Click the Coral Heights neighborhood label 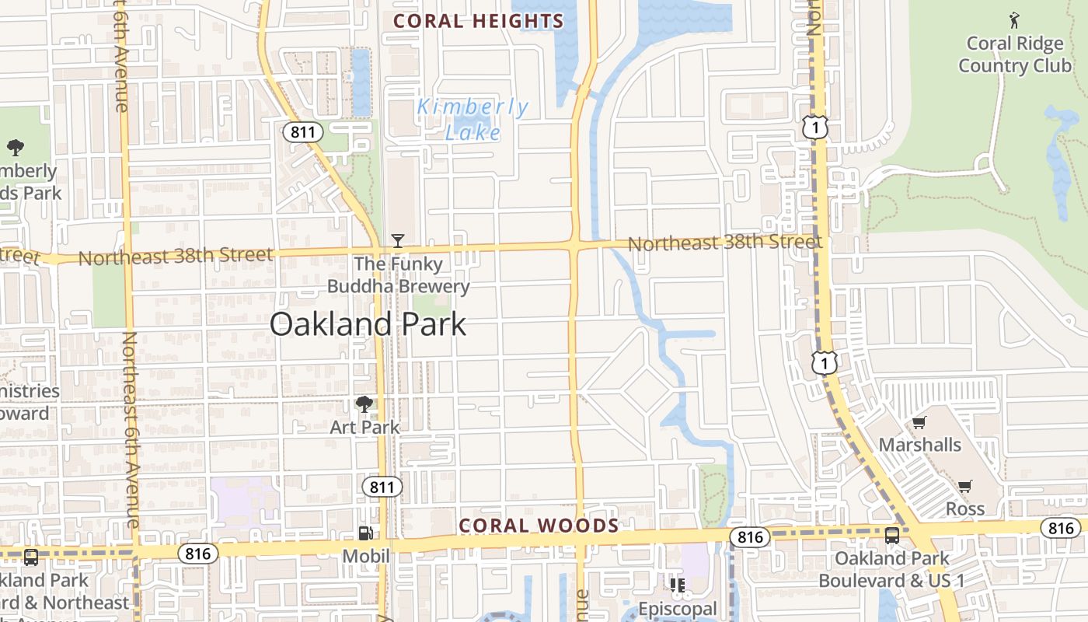coord(478,21)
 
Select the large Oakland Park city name coord(368,324)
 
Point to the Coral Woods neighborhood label coord(539,526)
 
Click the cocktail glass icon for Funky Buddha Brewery coord(397,241)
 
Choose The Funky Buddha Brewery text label coord(399,275)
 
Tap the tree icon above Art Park coord(364,404)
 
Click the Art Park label coord(364,427)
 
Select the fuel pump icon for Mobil coord(365,533)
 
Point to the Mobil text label coord(365,556)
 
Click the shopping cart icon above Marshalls coord(919,423)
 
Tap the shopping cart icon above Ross coord(964,487)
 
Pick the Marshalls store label coord(919,446)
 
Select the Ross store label coord(965,509)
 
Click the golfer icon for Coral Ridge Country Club coord(1014,19)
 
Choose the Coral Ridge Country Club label coord(1014,54)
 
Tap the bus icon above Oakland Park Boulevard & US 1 coord(891,536)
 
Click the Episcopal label coord(677,608)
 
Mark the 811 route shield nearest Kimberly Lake coord(302,132)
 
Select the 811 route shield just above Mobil coord(382,487)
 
